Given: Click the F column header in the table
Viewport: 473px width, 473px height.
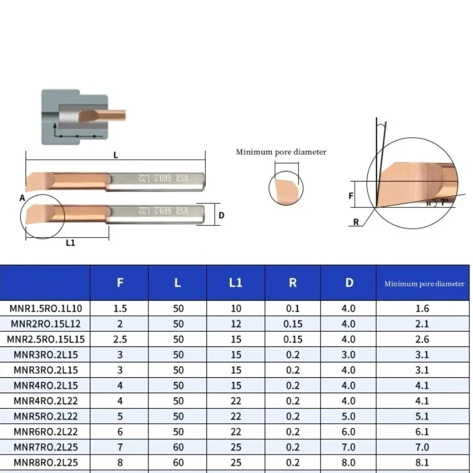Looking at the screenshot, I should coord(120,283).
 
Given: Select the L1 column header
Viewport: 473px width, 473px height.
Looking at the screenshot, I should coord(235,283).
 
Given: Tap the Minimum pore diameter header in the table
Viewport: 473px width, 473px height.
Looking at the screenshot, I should coord(424,284).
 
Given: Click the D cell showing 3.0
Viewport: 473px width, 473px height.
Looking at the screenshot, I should coord(349,354).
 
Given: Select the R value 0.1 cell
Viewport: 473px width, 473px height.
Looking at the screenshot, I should coord(293,308).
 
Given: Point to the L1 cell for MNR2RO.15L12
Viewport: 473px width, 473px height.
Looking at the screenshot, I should coord(235,323).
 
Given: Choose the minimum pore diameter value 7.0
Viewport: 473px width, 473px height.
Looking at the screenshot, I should coord(423,446).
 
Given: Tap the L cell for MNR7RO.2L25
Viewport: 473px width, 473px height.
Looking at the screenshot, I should coord(178,446).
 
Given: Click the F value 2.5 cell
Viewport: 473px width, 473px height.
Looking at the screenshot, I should coord(120,339).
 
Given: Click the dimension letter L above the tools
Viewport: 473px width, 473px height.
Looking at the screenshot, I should coord(115,155).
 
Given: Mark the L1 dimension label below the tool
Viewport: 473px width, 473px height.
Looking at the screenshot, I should coord(70,243).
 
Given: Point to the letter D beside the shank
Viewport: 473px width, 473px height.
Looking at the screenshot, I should coord(221,215).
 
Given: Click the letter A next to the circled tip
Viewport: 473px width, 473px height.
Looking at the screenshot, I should coord(22,199).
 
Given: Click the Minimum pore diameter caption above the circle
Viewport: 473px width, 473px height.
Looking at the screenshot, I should coord(281,152).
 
